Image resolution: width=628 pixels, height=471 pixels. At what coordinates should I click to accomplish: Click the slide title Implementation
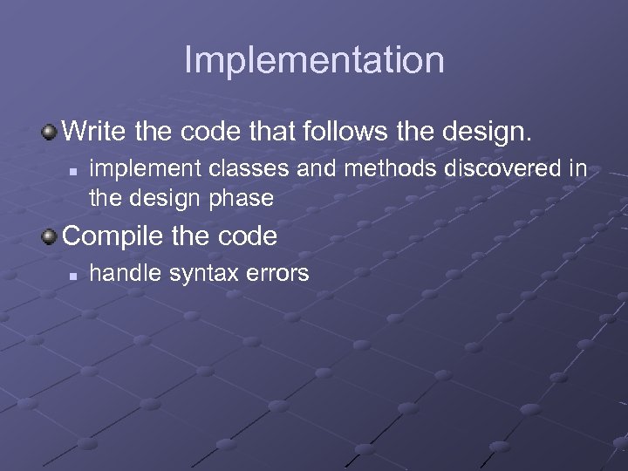(314, 60)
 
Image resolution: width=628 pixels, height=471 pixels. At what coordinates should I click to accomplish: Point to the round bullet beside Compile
(51, 236)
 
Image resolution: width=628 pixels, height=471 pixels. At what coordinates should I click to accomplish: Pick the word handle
(119, 273)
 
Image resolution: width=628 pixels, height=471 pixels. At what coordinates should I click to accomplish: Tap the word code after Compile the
(244, 236)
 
